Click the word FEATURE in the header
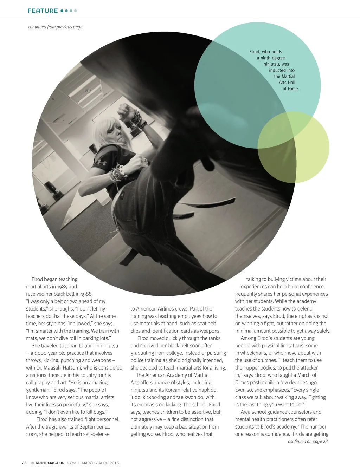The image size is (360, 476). click(x=43, y=11)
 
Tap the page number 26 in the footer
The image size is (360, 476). click(x=24, y=463)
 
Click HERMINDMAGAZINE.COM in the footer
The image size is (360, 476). click(x=53, y=463)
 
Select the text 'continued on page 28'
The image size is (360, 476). click(x=308, y=441)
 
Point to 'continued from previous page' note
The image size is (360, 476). click(x=55, y=27)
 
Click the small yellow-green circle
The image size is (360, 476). click(x=294, y=148)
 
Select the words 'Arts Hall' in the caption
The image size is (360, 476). click(x=287, y=83)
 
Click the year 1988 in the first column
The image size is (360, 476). click(x=86, y=294)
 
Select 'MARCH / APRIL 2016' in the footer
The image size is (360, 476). click(x=100, y=463)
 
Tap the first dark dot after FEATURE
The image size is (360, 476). click(x=62, y=11)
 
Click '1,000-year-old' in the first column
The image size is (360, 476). click(x=47, y=353)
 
